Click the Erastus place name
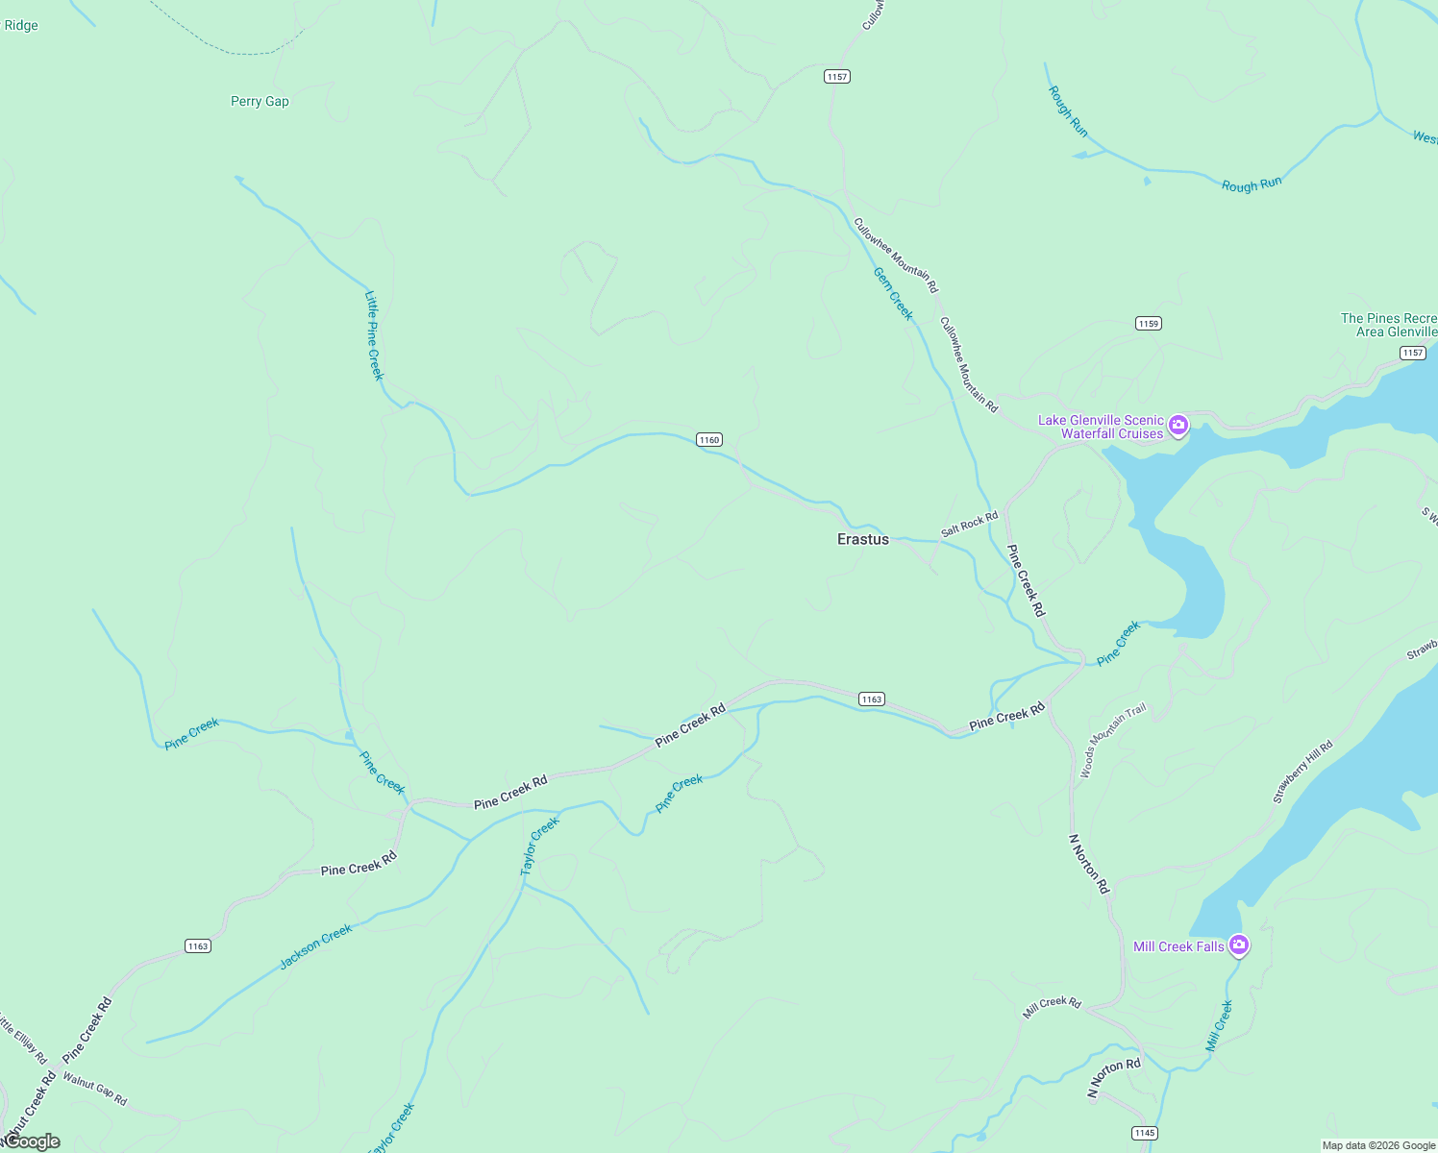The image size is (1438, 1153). pos(863,539)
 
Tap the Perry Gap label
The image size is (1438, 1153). pos(260,101)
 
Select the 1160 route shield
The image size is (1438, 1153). pos(709,439)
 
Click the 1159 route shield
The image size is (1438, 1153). pos(1149,323)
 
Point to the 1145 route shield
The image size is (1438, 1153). pos(1144,1133)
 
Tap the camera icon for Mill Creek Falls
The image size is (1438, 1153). pos(1239,945)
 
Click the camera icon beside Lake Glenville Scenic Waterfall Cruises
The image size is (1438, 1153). pos(1178,426)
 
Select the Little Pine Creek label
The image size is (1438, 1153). pos(374,335)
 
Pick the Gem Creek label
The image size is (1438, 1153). pos(893,293)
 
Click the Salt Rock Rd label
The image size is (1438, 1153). pos(969,525)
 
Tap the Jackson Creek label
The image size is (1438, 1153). pos(316,946)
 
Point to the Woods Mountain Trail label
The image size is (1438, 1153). pos(1113,740)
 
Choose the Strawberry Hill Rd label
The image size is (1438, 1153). pos(1302,772)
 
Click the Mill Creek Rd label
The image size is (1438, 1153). pos(1052,1007)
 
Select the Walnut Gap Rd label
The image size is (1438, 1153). pos(94,1089)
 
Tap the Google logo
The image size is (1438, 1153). pos(31,1141)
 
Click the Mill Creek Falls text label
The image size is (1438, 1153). pos(1178,946)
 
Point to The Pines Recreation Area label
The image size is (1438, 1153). pos(1389,325)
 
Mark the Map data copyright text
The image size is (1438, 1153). pos(1378,1145)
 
